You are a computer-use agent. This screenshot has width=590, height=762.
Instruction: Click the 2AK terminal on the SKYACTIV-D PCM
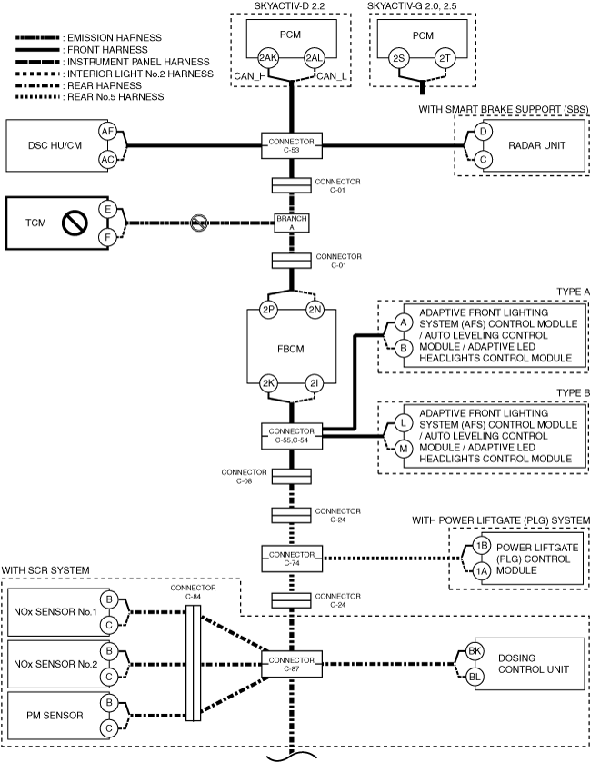pyautogui.click(x=267, y=58)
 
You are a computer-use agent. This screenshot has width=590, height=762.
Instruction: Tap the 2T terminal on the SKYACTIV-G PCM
pyautogui.click(x=445, y=59)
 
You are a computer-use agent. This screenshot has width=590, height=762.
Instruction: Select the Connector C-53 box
pyautogui.click(x=291, y=145)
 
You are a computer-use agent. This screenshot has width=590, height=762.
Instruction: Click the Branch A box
pyautogui.click(x=291, y=223)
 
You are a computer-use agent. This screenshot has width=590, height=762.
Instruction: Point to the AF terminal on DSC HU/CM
pyautogui.click(x=107, y=132)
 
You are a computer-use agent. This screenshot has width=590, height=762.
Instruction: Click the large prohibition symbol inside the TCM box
pyautogui.click(x=75, y=223)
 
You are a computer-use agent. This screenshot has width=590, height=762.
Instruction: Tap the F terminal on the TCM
pyautogui.click(x=107, y=238)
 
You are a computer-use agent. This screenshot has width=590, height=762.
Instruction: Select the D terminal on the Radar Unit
pyautogui.click(x=483, y=132)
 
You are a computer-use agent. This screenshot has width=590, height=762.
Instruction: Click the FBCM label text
pyautogui.click(x=290, y=349)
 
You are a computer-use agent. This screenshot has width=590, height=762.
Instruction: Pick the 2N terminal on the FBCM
pyautogui.click(x=315, y=310)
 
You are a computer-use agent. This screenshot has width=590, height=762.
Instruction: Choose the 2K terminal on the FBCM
pyautogui.click(x=268, y=383)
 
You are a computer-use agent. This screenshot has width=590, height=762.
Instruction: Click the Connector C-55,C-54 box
pyautogui.click(x=291, y=436)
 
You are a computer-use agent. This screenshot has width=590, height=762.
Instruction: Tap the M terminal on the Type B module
pyautogui.click(x=403, y=449)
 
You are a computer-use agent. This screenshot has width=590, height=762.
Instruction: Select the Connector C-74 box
pyautogui.click(x=291, y=559)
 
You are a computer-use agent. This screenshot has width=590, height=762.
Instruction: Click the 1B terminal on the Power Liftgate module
pyautogui.click(x=482, y=546)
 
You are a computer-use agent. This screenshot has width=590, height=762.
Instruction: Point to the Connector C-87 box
pyautogui.click(x=291, y=664)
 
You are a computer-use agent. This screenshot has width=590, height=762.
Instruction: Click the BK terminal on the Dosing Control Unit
pyautogui.click(x=475, y=651)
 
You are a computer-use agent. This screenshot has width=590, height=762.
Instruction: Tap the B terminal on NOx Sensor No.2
pyautogui.click(x=109, y=651)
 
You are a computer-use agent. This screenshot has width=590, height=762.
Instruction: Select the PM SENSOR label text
pyautogui.click(x=55, y=716)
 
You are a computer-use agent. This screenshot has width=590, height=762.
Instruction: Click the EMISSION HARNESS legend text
pyautogui.click(x=115, y=38)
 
